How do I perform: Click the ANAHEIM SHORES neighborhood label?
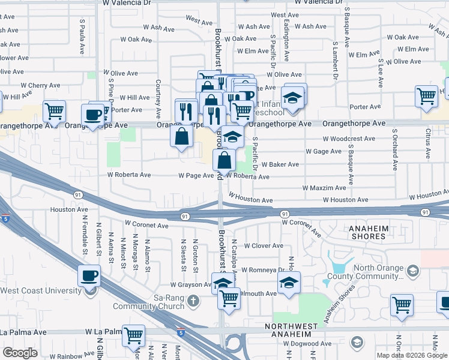coord(360,232)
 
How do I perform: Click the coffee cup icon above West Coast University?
coord(89,277)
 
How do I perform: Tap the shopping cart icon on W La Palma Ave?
coord(133,335)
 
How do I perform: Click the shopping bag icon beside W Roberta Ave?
coord(224,160)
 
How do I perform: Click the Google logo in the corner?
coord(20,353)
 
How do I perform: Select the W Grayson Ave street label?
coord(191,285)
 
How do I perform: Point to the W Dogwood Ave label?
coord(308,344)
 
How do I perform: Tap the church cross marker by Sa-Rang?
coord(193,300)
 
